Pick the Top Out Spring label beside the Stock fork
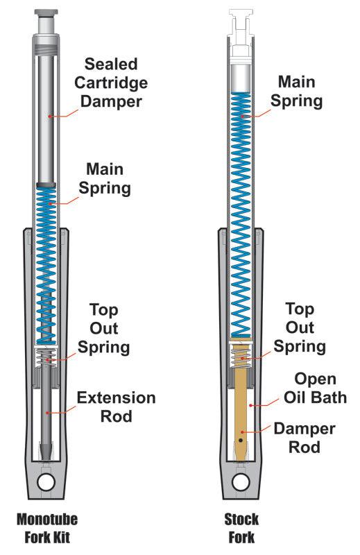point(300,327)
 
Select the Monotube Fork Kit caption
point(47,527)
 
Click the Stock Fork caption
point(241,527)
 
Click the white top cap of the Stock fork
point(240,21)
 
